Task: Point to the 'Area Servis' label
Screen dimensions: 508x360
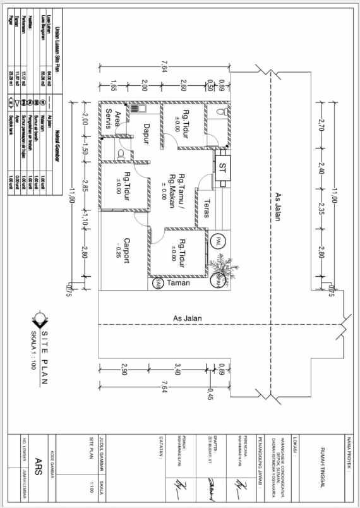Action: [112, 119]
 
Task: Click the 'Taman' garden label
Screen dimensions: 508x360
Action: [178, 284]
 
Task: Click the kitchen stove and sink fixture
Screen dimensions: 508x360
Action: [134, 109]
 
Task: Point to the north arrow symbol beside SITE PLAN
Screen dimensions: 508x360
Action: [42, 320]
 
